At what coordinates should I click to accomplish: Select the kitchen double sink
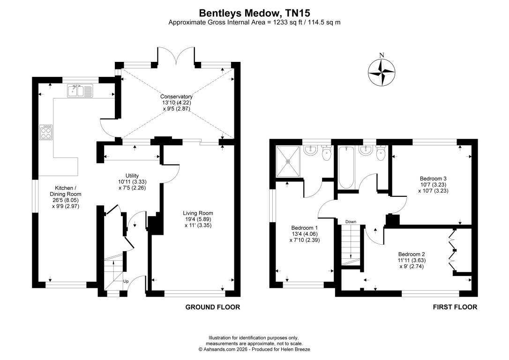click(82, 91)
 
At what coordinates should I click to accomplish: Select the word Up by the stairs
click(126, 281)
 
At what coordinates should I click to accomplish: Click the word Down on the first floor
click(351, 222)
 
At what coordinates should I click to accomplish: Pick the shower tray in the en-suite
click(289, 161)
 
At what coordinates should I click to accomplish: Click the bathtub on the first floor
click(347, 168)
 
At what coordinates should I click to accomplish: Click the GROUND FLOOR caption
click(213, 307)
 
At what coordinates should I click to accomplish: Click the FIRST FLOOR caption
click(455, 307)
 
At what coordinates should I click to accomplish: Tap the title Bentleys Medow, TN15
click(254, 13)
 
